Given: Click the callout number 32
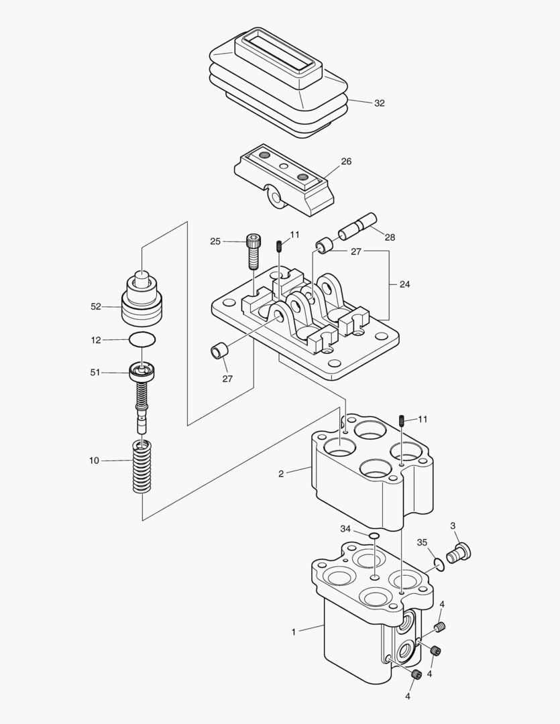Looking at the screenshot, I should (380, 103).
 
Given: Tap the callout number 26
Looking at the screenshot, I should (346, 162).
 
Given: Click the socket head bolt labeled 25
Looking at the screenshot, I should (253, 251).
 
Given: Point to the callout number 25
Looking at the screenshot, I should (215, 241).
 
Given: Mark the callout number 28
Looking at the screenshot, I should (390, 238).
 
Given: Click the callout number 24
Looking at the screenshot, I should (404, 284).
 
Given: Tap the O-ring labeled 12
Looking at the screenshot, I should (142, 340).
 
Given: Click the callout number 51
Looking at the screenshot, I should (95, 372).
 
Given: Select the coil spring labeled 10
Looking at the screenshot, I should (142, 467).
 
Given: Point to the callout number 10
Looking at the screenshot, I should (94, 461).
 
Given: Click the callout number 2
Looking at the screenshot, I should (282, 474).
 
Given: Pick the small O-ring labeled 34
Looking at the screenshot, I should (374, 536).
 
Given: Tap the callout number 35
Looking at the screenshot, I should (422, 542).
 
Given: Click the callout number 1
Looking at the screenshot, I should (293, 631).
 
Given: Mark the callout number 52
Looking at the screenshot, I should (95, 306).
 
